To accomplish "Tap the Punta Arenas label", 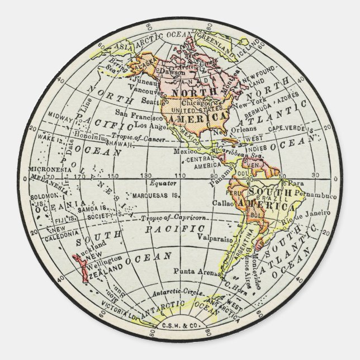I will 197,273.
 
